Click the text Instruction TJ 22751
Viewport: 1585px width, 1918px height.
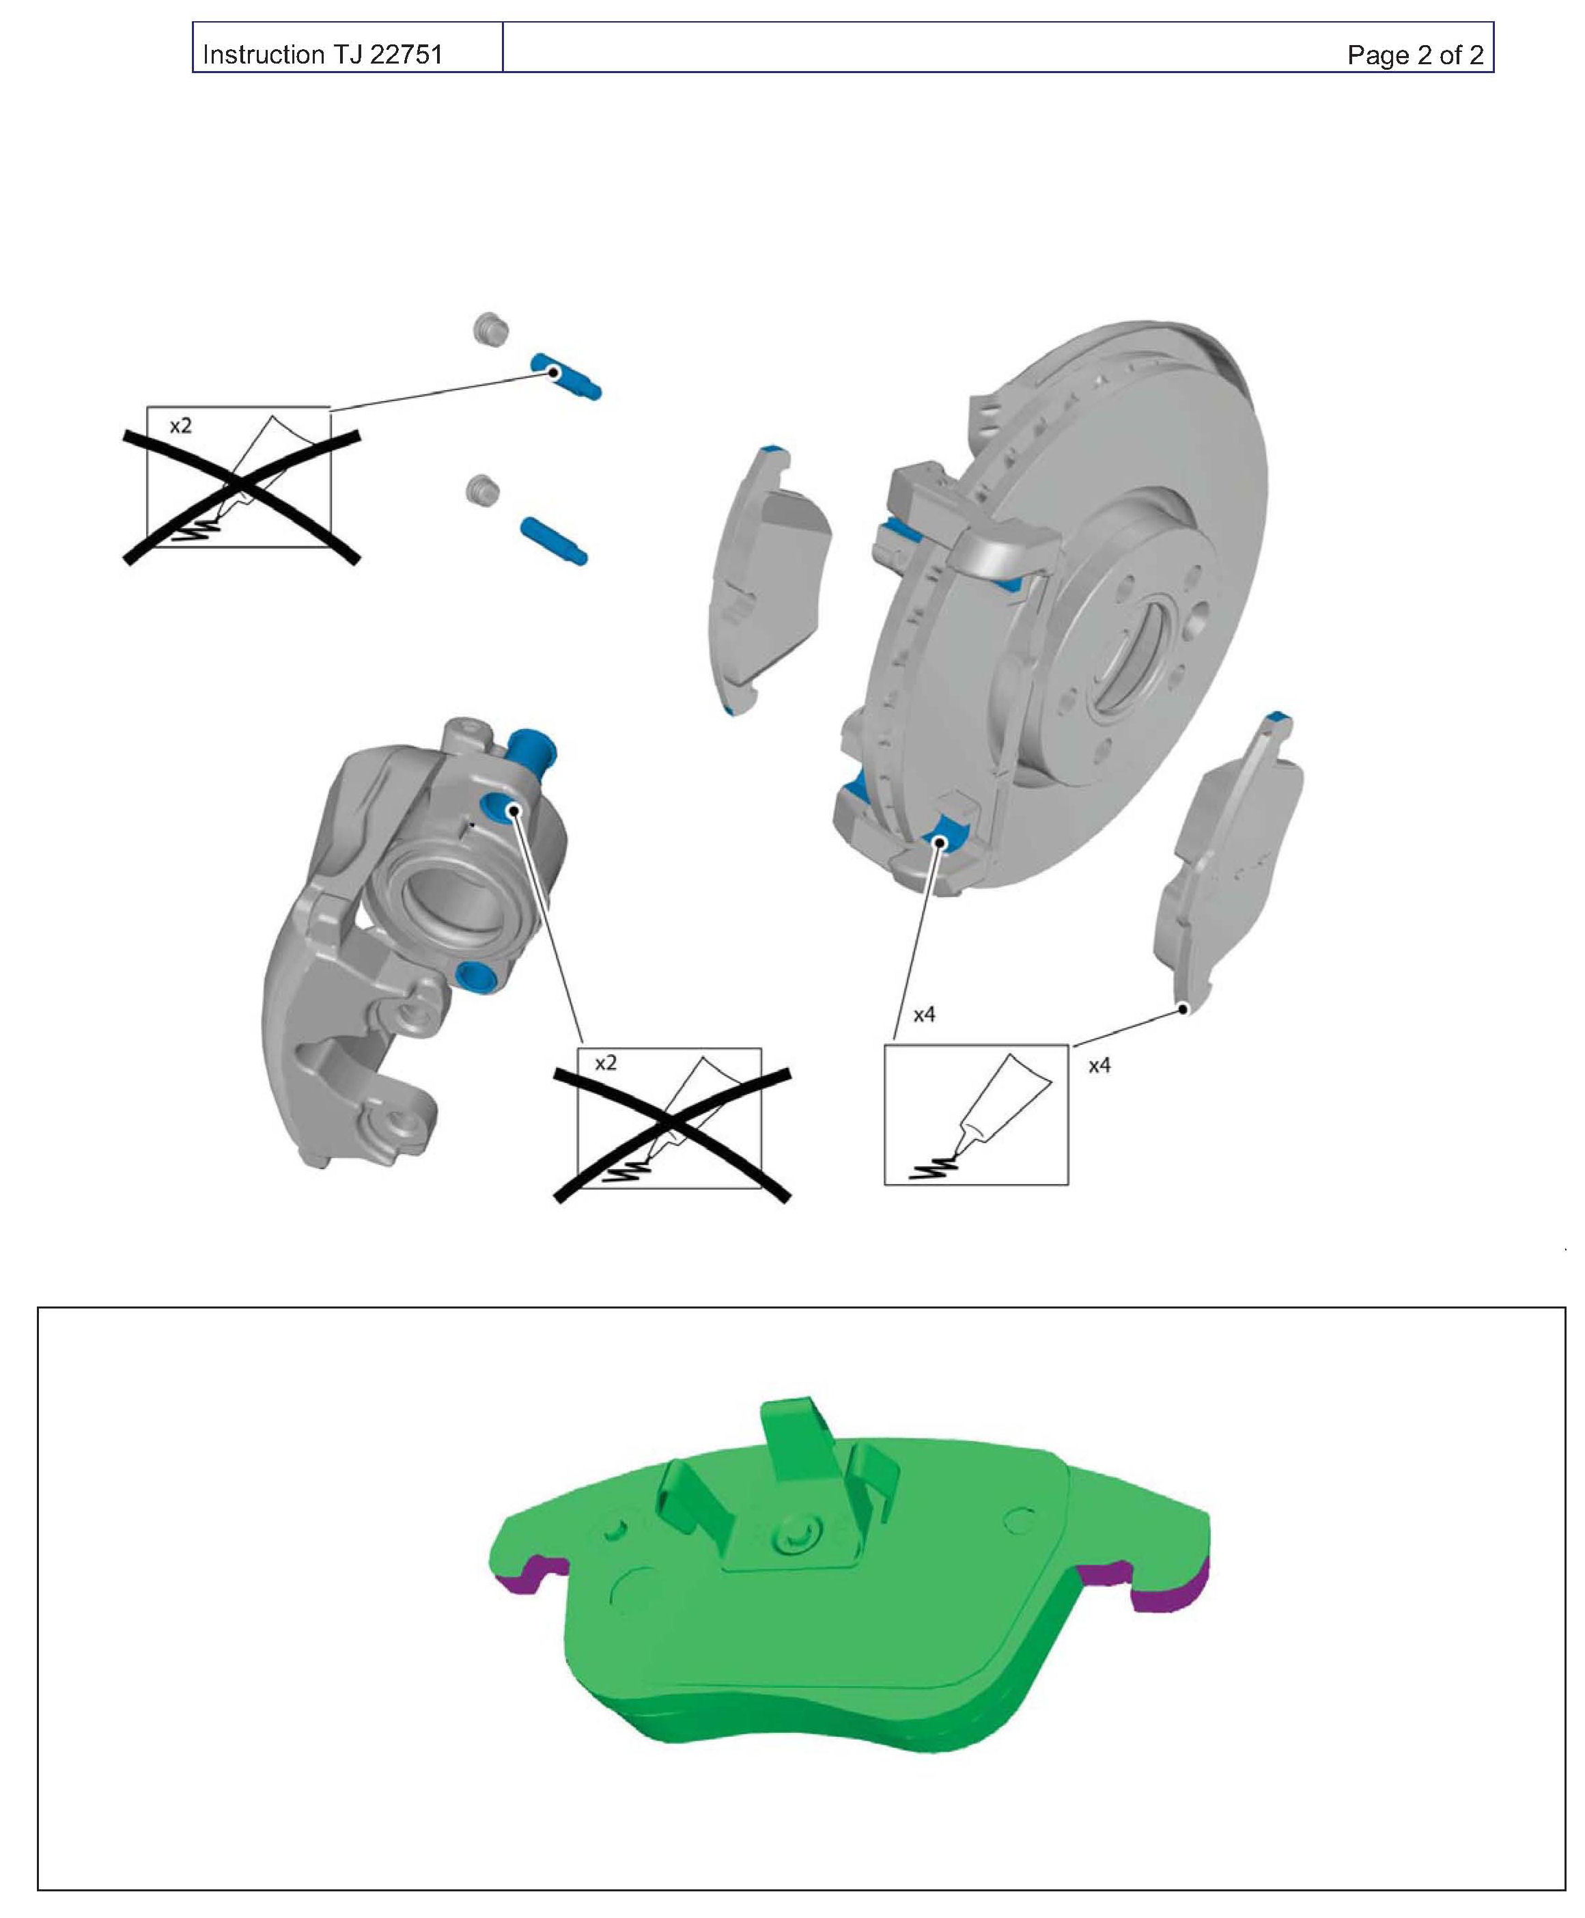coord(322,55)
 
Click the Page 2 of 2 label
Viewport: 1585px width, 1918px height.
coord(1415,55)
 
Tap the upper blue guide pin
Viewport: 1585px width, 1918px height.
coord(566,376)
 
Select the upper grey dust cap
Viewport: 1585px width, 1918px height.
coord(490,329)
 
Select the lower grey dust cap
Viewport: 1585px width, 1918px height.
coord(482,489)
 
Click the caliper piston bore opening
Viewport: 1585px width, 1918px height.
coord(453,895)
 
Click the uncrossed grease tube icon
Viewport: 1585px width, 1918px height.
coord(976,1115)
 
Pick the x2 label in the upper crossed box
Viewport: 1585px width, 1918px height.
coord(181,426)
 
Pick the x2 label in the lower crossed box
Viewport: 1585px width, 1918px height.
coord(605,1063)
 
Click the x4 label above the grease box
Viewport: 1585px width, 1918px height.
coord(924,1015)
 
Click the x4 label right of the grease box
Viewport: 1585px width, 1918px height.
coord(1099,1066)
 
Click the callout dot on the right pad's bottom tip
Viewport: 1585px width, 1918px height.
coord(1183,1009)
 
